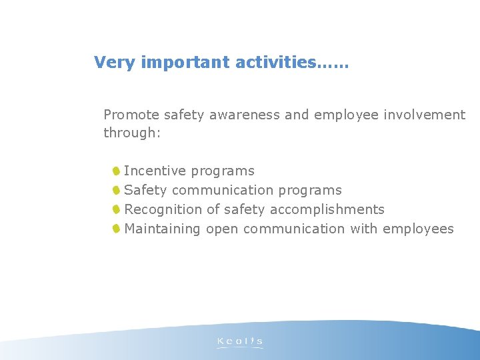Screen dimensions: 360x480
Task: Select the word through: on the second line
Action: pos(132,133)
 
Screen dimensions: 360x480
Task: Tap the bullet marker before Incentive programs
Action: pos(116,171)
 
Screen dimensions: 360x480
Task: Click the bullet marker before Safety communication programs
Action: pos(116,190)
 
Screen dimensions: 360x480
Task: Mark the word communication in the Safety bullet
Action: pos(223,191)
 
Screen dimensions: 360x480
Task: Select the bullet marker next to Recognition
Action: pos(116,209)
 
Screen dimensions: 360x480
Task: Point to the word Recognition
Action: pos(163,209)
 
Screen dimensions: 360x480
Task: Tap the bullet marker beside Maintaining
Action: pos(116,229)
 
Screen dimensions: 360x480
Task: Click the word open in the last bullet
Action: pos(222,229)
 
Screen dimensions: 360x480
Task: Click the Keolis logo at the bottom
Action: pos(240,343)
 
